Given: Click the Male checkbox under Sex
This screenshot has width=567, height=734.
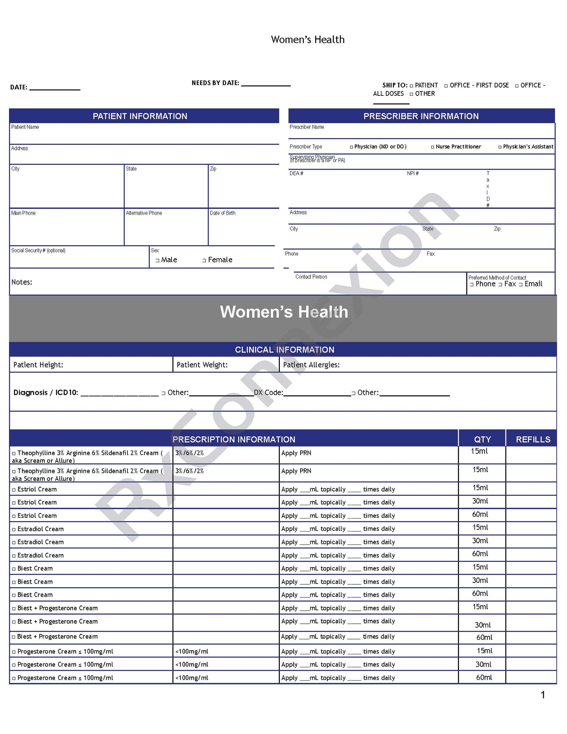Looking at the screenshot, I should (x=157, y=260).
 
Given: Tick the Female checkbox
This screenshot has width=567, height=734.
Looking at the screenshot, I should (x=204, y=260).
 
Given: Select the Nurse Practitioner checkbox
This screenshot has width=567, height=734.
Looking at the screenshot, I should (x=432, y=147).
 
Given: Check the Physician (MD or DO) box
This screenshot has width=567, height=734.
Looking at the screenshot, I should (x=351, y=147).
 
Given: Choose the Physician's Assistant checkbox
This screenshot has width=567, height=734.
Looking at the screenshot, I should (x=500, y=147).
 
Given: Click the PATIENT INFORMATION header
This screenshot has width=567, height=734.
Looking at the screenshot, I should (x=140, y=116).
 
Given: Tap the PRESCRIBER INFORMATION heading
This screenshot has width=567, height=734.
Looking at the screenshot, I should (x=421, y=116).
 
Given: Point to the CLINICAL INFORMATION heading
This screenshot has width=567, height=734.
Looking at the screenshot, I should (x=284, y=350).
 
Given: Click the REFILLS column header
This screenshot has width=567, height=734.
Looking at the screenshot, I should (x=532, y=440).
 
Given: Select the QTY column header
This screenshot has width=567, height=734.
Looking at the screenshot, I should (x=482, y=440).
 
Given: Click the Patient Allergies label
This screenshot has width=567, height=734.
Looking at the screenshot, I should (x=311, y=365).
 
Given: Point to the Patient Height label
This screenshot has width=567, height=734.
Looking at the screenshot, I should (x=38, y=365).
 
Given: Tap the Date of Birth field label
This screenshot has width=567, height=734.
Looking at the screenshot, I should (x=222, y=213).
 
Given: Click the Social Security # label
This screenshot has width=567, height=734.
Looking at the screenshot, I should (x=38, y=250).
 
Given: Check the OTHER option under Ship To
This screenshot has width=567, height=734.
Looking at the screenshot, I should (x=411, y=94).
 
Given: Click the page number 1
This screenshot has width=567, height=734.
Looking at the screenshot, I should (x=543, y=695).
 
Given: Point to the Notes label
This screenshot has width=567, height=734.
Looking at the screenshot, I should (x=22, y=282).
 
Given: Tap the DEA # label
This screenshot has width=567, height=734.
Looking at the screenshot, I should (x=296, y=173).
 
